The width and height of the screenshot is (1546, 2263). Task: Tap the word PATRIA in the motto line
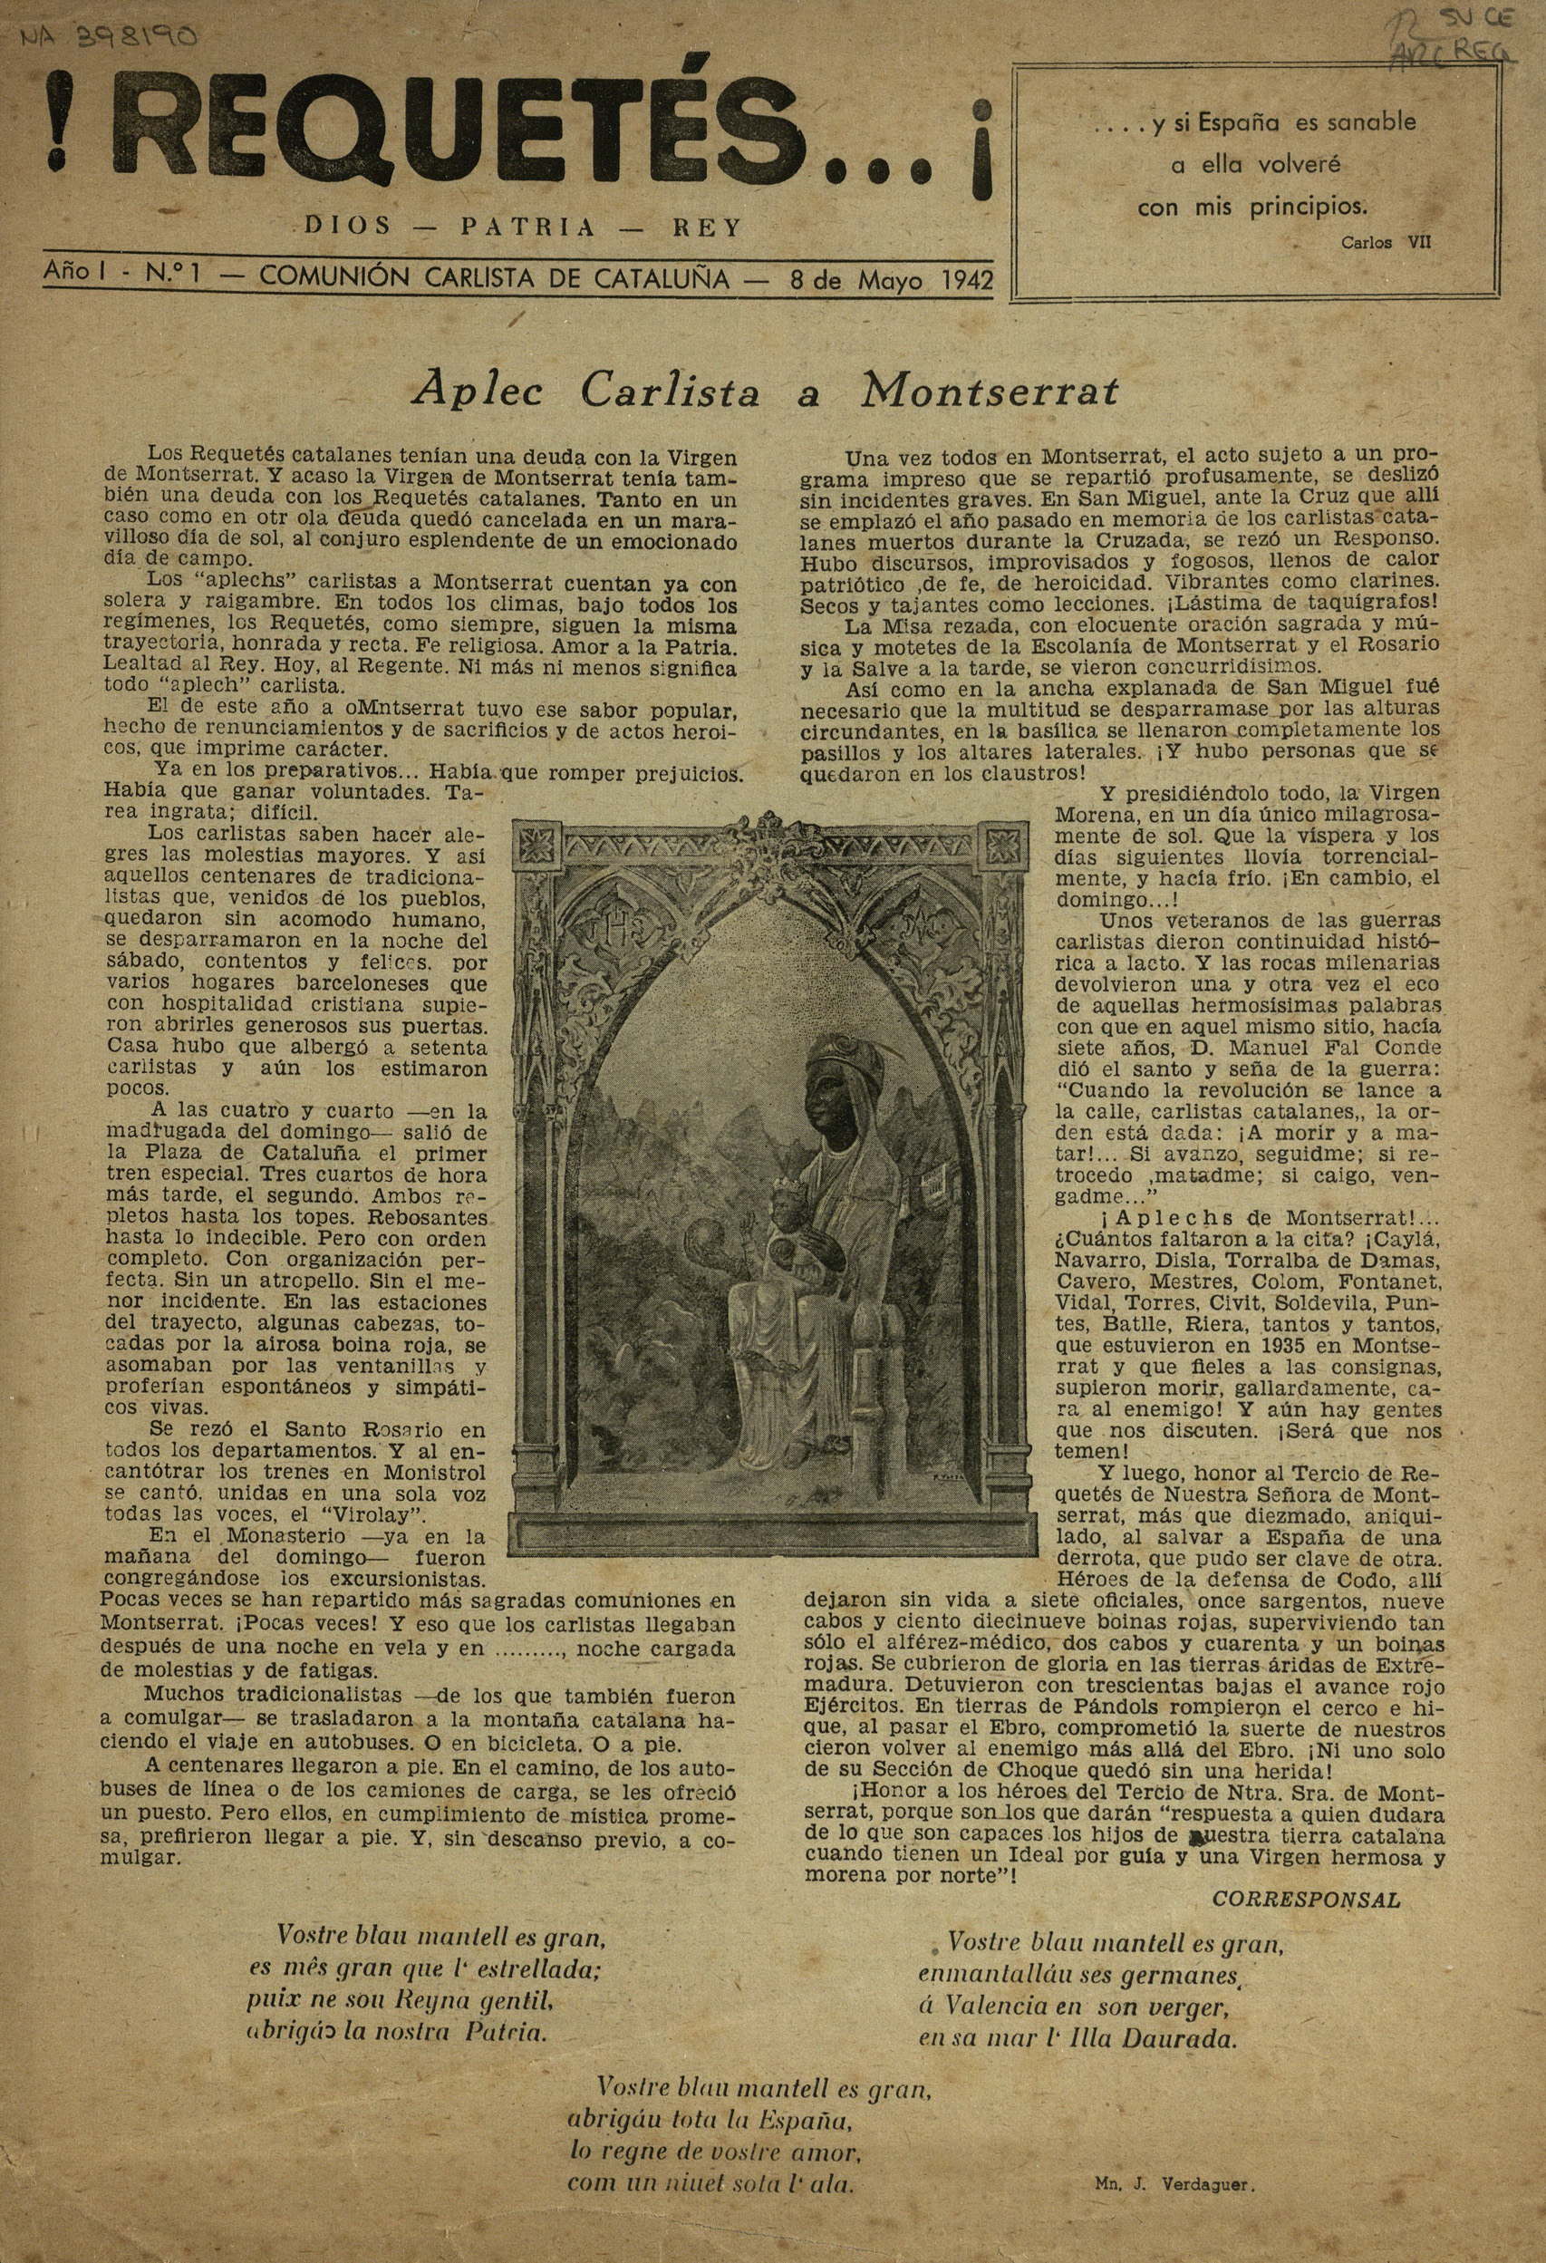pyautogui.click(x=527, y=227)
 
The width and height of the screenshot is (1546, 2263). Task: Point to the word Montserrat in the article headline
pyautogui.click(x=989, y=392)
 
